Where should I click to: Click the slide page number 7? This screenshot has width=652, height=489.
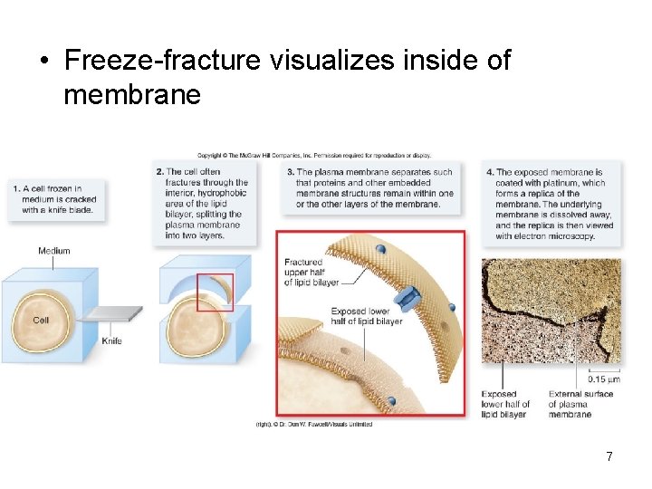point(609,456)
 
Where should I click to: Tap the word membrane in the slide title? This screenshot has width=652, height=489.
point(132,93)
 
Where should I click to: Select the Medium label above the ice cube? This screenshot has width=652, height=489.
point(54,251)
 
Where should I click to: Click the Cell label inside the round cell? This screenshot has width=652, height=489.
point(41,320)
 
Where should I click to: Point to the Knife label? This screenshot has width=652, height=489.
point(111,340)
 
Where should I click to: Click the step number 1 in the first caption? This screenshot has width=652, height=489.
point(16,188)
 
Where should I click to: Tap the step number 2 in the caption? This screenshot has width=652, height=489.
point(159,172)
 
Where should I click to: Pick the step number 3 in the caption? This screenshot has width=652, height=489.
point(290,172)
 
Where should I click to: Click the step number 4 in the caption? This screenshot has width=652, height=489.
point(490,172)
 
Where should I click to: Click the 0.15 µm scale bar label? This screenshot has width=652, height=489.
point(604,379)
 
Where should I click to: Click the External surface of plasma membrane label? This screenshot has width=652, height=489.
point(580,404)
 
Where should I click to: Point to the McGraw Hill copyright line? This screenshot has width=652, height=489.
point(313,156)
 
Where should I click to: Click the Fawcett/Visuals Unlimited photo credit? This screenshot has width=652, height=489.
point(313,424)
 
